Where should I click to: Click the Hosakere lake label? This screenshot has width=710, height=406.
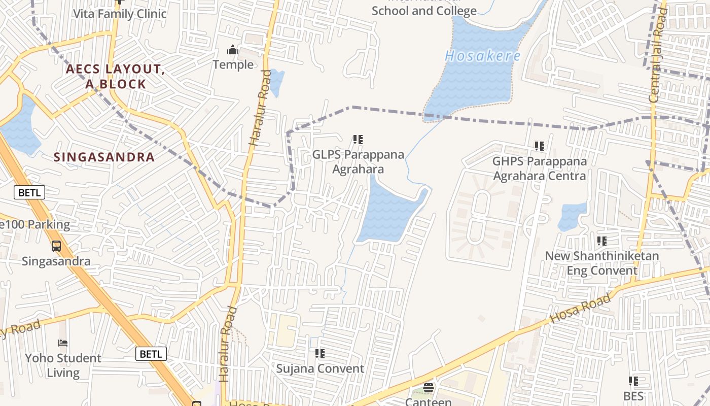482,56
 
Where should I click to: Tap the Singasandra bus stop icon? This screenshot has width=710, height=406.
56,246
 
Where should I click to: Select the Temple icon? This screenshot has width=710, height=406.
233,50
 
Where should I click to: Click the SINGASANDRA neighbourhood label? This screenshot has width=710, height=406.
104,157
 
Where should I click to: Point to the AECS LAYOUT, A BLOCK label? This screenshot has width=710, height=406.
116,77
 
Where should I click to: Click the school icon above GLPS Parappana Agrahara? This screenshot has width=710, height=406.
358,139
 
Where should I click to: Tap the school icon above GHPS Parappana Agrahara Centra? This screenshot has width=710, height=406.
540,146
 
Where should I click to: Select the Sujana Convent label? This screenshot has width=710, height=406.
320,368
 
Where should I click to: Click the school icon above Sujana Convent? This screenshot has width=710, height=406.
320,353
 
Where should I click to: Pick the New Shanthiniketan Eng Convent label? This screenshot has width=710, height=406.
602,263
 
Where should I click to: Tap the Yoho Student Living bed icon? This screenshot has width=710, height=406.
63,343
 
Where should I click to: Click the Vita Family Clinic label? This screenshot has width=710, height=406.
120,14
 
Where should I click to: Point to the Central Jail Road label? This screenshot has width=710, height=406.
657,56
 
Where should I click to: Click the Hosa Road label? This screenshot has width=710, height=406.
581,310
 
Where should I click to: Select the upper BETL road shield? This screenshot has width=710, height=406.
29,192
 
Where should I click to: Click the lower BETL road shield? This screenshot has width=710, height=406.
151,354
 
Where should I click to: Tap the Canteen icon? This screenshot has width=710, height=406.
429,388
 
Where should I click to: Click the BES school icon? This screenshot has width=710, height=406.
633,381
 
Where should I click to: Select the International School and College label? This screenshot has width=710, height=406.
424,10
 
